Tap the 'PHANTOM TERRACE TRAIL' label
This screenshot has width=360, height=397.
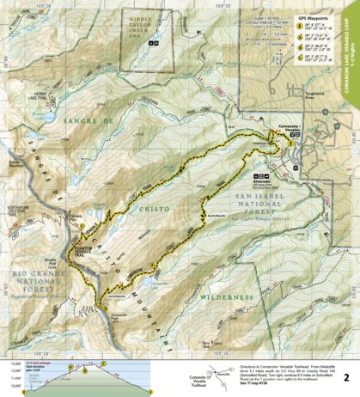coord(82,246)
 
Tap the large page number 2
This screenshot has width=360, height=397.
coord(345,376)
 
